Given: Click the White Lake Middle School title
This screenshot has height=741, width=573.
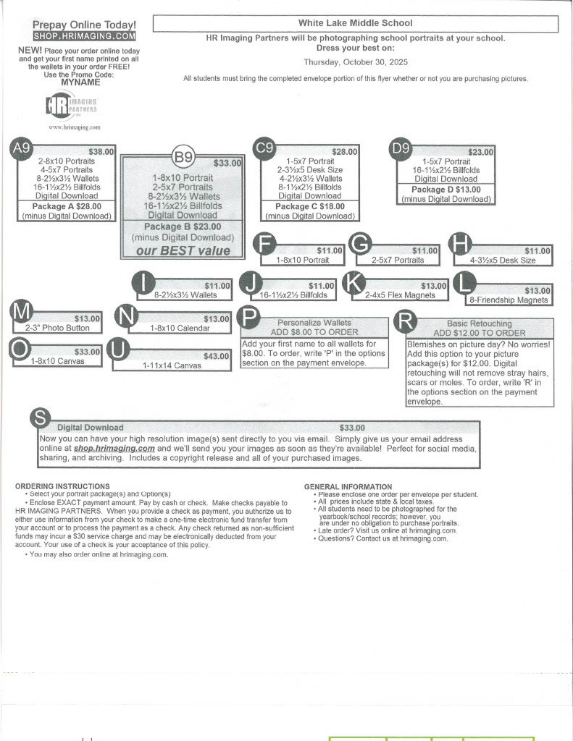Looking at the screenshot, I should pyautogui.click(x=355, y=24).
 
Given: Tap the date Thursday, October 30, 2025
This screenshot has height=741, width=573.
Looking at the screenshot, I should pyautogui.click(x=356, y=62).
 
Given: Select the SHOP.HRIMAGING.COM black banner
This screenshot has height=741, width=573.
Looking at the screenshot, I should pyautogui.click(x=84, y=35).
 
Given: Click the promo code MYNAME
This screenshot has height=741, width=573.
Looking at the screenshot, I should pyautogui.click(x=80, y=82).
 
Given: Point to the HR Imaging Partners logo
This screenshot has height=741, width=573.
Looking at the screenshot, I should pyautogui.click(x=72, y=107).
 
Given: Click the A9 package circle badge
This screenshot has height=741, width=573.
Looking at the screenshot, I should pyautogui.click(x=22, y=148).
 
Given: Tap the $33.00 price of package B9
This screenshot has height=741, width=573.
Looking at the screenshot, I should pyautogui.click(x=227, y=164).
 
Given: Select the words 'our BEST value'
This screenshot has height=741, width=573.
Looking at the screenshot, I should pyautogui.click(x=183, y=251).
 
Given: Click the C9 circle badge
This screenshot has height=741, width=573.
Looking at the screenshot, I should pyautogui.click(x=264, y=148).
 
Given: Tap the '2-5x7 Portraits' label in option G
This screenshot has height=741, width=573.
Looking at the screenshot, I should pyautogui.click(x=398, y=260).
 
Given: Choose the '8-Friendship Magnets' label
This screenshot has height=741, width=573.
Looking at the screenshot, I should pyautogui.click(x=509, y=300).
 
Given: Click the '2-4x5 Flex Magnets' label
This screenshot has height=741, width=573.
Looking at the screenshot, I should pyautogui.click(x=400, y=295).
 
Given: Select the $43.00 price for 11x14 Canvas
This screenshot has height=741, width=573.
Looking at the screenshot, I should pyautogui.click(x=216, y=356).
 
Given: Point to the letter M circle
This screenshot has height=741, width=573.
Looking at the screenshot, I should pyautogui.click(x=22, y=312).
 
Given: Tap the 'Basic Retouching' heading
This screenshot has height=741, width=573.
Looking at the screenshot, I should pyautogui.click(x=479, y=323).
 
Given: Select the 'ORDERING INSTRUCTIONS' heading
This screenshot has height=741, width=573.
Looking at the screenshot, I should pyautogui.click(x=62, y=486).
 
